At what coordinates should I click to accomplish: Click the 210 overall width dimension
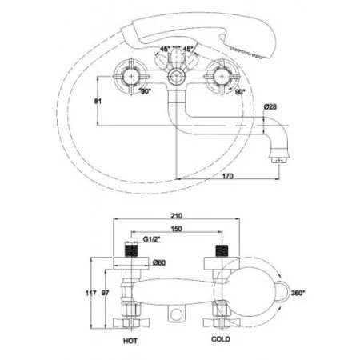[177, 215]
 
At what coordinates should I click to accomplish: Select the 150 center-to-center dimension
[177, 229]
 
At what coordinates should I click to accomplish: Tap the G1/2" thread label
[151, 239]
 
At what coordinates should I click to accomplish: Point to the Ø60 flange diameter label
[159, 262]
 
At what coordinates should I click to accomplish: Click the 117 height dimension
[90, 293]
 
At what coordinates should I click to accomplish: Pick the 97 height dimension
[106, 293]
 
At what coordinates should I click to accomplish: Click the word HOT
[130, 341]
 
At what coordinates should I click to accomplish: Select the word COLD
[221, 339]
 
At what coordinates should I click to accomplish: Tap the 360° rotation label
[298, 293]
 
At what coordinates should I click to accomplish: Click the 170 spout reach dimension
[227, 176]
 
